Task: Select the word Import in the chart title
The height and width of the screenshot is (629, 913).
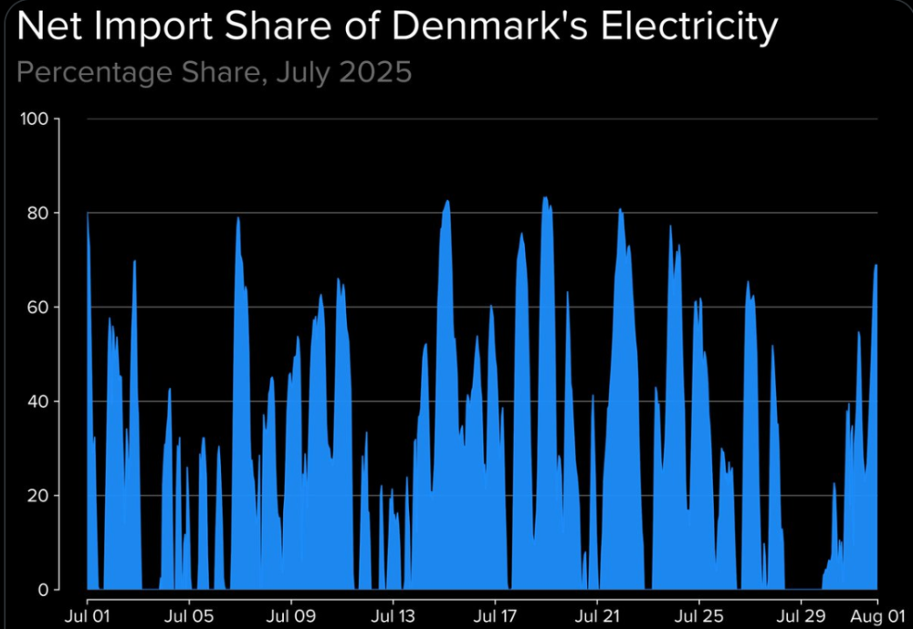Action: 158,28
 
